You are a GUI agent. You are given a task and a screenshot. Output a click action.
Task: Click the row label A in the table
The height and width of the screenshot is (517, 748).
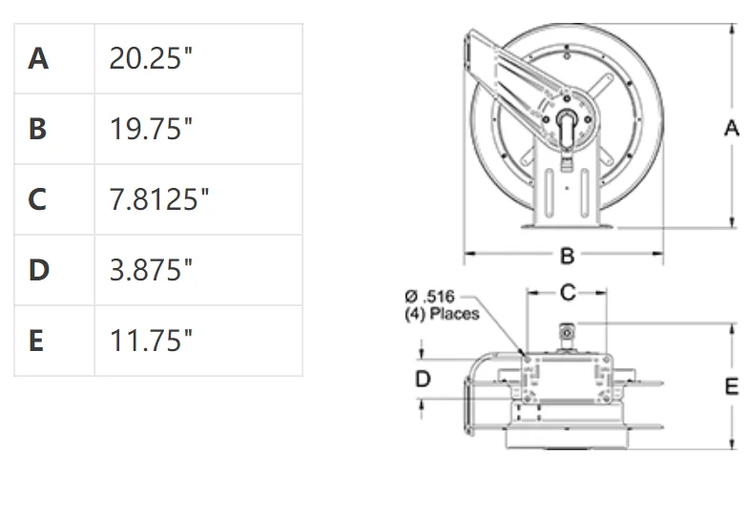38,58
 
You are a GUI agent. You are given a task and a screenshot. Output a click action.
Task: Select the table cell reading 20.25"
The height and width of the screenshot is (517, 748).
151,58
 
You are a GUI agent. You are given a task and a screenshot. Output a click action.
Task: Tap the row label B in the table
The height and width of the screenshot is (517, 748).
38,129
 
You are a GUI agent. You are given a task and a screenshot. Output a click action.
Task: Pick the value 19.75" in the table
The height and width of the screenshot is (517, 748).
151,129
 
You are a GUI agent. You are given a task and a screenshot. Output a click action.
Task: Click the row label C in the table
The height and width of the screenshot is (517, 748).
38,199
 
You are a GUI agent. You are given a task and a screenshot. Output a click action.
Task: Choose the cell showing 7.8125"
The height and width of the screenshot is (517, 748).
159,199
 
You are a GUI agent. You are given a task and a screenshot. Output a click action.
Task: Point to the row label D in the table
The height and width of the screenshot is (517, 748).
38,270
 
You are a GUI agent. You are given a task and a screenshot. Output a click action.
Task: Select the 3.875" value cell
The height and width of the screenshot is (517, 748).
151,270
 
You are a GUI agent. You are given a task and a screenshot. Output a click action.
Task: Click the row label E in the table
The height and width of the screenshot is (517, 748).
37,341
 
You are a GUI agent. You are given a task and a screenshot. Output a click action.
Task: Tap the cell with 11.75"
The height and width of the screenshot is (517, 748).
151,341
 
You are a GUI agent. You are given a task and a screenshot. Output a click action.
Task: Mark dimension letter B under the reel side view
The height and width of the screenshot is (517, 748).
567,256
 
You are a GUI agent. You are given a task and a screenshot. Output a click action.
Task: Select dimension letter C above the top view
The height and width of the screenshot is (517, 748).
568,293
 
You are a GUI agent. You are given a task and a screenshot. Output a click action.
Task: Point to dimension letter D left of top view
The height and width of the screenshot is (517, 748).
423,379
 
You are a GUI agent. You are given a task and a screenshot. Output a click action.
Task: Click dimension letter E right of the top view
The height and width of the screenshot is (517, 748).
732,385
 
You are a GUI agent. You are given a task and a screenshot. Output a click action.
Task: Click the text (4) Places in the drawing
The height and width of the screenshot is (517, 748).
442,313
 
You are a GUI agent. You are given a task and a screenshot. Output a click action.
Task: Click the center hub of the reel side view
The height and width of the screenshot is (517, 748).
567,122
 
